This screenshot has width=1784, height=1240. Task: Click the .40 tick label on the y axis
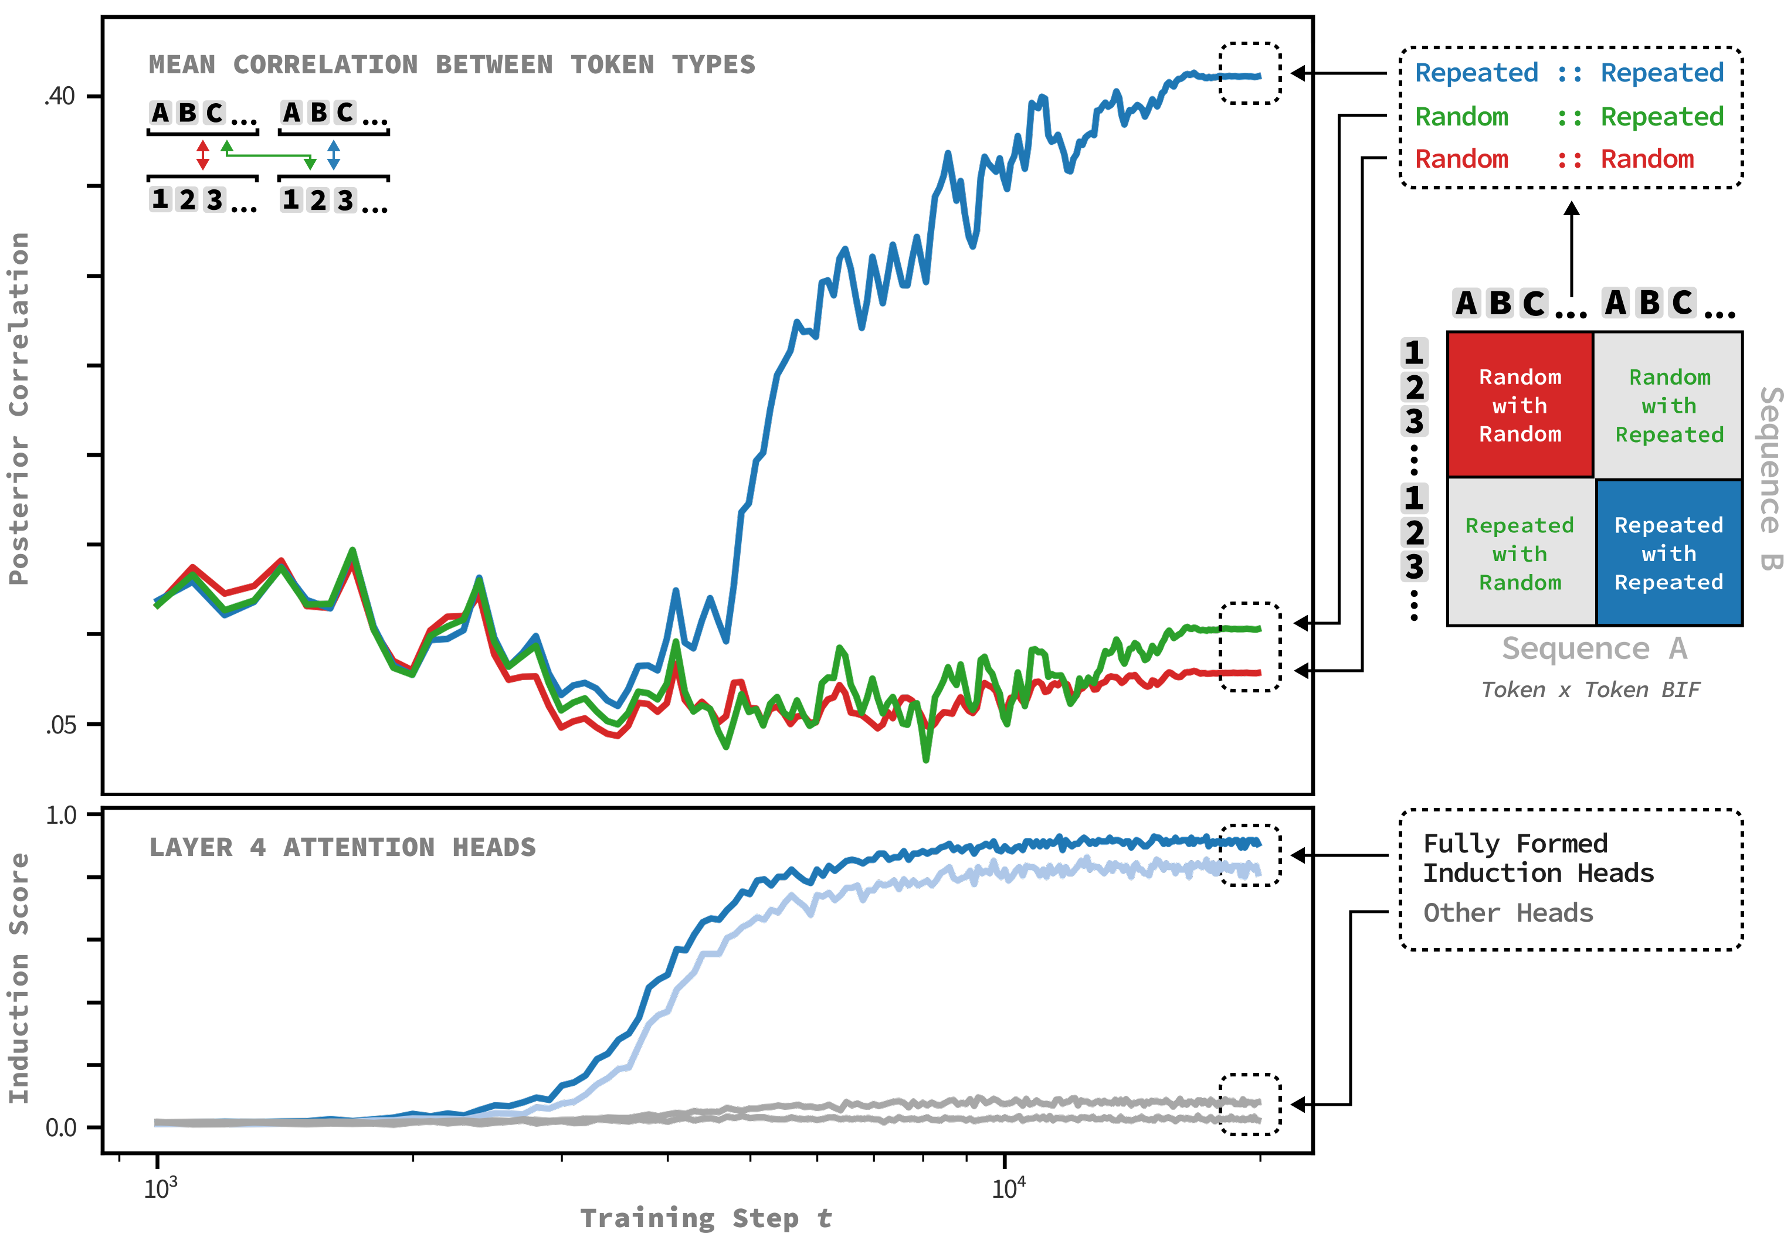click(60, 96)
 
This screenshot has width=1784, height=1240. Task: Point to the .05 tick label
click(60, 725)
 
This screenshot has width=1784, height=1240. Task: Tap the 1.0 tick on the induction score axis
click(62, 815)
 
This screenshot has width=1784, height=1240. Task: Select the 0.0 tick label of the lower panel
click(62, 1127)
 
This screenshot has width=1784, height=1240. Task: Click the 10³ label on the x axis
click(160, 1187)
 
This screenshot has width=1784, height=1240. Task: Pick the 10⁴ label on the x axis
click(1008, 1187)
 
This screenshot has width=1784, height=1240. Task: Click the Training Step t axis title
click(706, 1218)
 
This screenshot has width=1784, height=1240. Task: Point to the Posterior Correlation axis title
click(19, 408)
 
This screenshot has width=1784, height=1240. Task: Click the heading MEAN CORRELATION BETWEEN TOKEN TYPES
click(452, 64)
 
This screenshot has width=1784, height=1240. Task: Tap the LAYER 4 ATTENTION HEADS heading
click(342, 847)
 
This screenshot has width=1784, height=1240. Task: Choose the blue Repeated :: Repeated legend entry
click(1569, 73)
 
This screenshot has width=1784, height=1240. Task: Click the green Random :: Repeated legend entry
click(1569, 117)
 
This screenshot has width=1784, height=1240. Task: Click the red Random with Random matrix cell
click(1520, 405)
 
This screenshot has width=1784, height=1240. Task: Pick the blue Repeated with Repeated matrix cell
click(1669, 553)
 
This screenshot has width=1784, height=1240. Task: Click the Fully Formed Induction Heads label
click(1538, 858)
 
